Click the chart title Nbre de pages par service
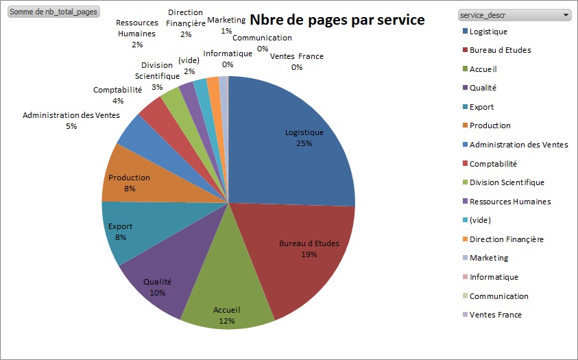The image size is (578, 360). point(337,20)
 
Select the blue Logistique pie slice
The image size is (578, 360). point(295,137)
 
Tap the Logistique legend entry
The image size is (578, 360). point(488,32)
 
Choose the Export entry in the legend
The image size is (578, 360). point(481,107)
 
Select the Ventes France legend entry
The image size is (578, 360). point(495,315)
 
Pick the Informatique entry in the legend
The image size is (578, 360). point(494,277)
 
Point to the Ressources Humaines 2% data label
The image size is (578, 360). point(137,34)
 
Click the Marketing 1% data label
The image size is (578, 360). point(226,25)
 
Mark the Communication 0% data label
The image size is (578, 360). point(263,43)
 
